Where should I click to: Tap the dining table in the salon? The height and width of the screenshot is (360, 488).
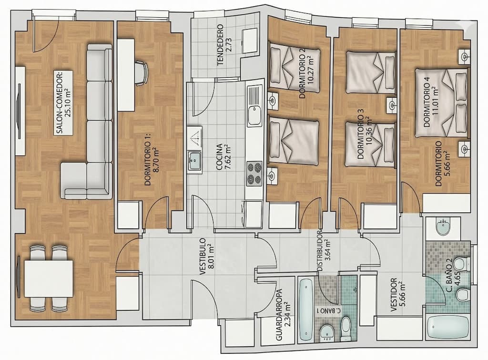49,278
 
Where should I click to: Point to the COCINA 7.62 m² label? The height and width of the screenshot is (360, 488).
223,157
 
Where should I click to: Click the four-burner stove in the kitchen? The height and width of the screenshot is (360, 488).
254,174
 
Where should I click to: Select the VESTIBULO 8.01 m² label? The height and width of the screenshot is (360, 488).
206,256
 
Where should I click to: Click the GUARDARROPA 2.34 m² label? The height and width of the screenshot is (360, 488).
283,315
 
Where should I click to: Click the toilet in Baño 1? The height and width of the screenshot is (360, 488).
346,329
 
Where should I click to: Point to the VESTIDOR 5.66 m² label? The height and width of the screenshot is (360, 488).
398,295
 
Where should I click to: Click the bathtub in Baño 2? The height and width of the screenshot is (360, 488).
448,327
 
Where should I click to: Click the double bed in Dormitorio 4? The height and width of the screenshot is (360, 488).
441,103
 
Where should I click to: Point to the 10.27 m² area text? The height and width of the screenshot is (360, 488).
310,72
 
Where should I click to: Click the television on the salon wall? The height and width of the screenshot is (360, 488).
19,111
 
